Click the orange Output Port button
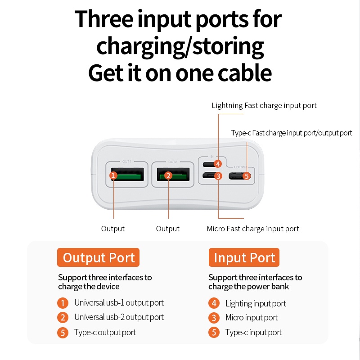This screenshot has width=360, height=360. point(98,257)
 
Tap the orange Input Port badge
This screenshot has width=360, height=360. point(244,257)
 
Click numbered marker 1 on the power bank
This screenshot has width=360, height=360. point(113,175)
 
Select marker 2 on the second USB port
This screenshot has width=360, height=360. point(168,175)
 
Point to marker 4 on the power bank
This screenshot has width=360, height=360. point(218,164)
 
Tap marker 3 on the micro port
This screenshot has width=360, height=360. point(218,176)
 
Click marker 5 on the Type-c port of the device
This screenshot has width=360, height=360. point(247,176)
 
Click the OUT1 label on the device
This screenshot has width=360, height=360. point(126,162)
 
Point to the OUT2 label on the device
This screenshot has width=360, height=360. point(173,162)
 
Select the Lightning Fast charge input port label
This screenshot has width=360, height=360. point(264,105)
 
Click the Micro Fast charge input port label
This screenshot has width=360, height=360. point(253,229)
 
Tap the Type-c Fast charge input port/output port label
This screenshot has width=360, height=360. point(292,133)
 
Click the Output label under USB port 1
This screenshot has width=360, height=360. point(113,229)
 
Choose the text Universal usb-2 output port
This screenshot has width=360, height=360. point(119,317)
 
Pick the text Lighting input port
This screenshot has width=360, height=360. point(256,303)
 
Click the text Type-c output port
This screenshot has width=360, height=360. point(105,333)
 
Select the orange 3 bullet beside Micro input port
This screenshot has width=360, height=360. point(214,318)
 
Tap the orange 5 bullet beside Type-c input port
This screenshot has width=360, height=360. point(214,333)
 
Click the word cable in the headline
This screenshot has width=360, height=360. point(245,73)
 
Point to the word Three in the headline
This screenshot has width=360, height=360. point(104,19)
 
